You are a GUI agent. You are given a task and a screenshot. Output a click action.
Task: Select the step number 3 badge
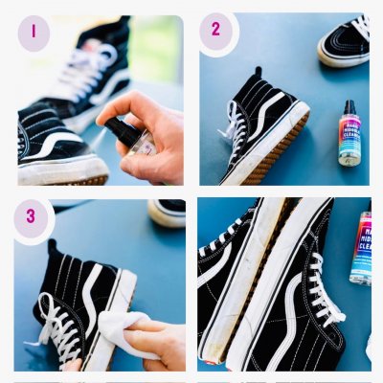pyautogui.click(x=31, y=216)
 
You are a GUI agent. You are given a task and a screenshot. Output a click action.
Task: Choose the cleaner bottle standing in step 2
pyautogui.click(x=349, y=135)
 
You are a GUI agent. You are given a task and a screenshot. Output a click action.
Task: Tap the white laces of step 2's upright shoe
pyautogui.click(x=235, y=129)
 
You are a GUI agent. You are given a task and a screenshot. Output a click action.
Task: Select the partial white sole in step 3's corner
pyautogui.click(x=167, y=214)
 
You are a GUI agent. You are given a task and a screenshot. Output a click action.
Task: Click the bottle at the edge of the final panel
pyautogui.click(x=361, y=249)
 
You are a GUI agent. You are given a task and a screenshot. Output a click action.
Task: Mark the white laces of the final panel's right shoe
pyautogui.click(x=321, y=292)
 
